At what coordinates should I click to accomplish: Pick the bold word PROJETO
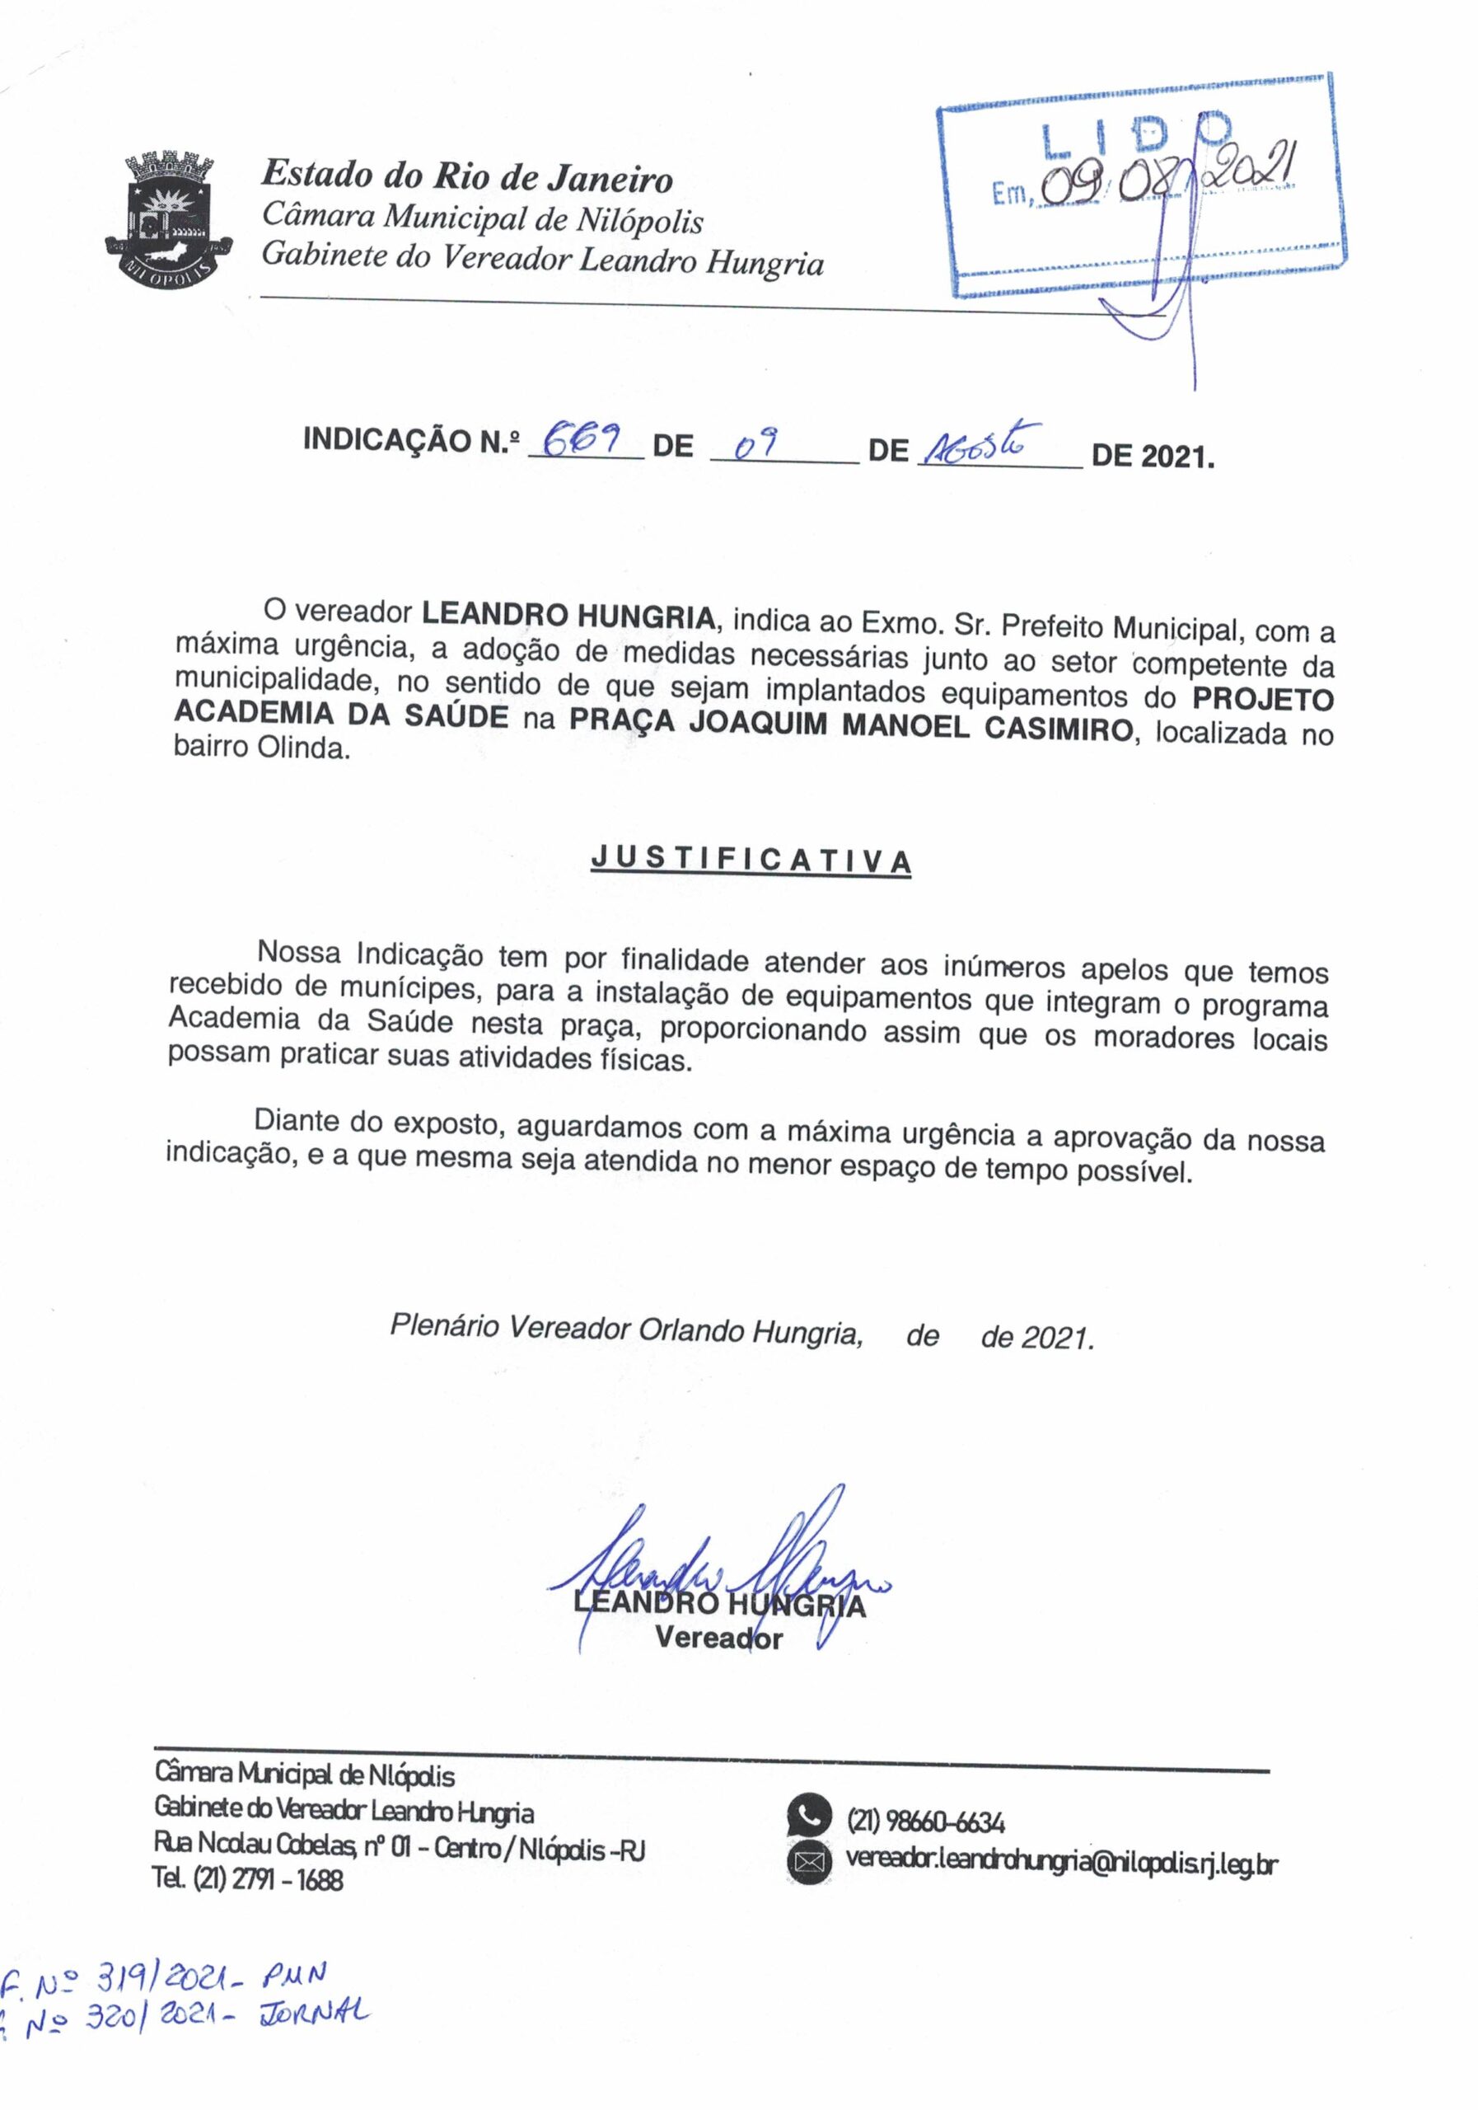(x=1262, y=698)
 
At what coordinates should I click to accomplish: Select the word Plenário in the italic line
(x=446, y=1325)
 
